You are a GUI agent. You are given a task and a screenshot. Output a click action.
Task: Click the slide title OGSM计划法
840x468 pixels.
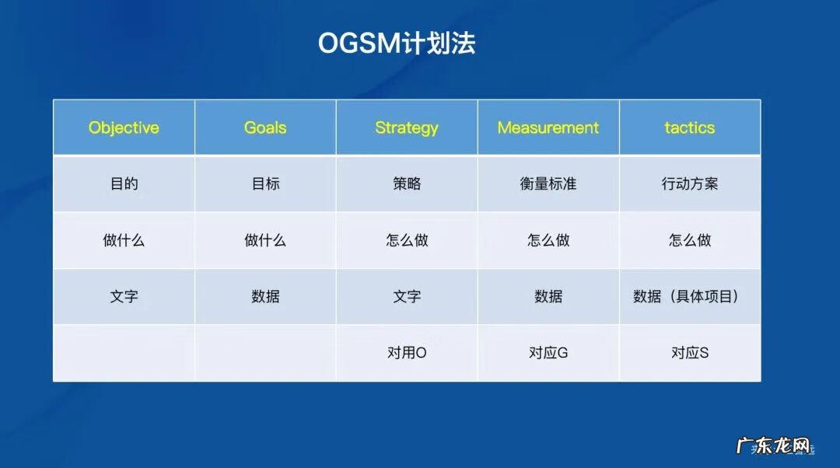(x=397, y=43)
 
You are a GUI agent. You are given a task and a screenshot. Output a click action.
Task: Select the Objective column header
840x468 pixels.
(x=124, y=127)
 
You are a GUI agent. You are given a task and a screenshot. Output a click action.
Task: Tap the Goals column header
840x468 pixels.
(x=265, y=127)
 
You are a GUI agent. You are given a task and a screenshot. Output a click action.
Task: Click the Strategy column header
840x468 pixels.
(x=407, y=127)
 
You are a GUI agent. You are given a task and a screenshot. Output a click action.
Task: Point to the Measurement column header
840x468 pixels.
(x=548, y=127)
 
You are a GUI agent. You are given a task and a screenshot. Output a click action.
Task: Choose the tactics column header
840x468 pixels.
(x=690, y=127)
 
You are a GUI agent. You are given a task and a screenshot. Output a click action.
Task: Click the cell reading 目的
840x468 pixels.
(x=124, y=184)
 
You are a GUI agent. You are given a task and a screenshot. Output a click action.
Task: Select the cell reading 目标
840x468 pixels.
(x=265, y=184)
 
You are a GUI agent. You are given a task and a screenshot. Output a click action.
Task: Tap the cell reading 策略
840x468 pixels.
(x=407, y=184)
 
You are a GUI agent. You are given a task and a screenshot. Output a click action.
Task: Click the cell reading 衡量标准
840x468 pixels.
(x=548, y=184)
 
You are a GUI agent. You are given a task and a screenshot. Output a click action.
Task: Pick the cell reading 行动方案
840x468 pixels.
(x=690, y=184)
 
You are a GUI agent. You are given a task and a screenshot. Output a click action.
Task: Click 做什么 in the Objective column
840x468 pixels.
(x=124, y=240)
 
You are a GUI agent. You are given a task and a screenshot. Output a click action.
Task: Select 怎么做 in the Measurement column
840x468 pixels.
(x=548, y=240)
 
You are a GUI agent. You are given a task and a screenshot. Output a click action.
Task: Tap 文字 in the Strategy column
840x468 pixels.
(x=407, y=296)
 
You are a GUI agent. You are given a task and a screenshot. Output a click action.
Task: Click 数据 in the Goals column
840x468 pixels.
(x=265, y=296)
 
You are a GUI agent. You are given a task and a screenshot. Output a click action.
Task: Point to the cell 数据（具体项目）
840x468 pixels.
(x=686, y=296)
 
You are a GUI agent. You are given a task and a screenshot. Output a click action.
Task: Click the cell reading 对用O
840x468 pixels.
(x=407, y=352)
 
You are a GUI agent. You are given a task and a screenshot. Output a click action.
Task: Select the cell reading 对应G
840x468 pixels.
(x=548, y=352)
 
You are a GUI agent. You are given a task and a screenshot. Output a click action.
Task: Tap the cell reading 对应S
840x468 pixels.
(x=690, y=352)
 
